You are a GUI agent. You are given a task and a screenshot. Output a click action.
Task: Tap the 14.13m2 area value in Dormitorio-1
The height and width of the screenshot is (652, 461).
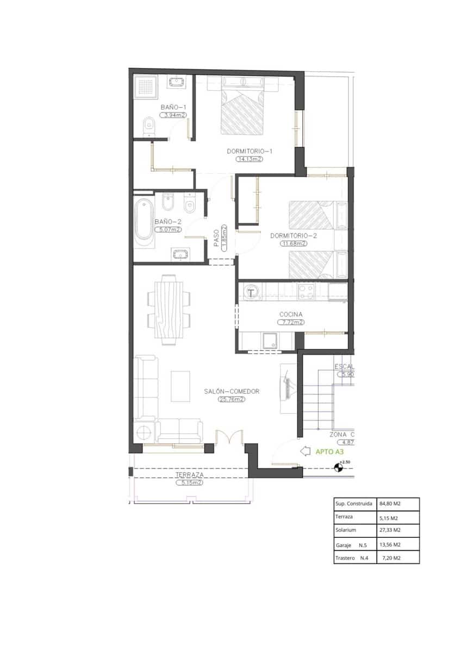click(249, 159)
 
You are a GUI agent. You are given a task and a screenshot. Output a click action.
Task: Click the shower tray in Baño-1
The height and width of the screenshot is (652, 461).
click(146, 86)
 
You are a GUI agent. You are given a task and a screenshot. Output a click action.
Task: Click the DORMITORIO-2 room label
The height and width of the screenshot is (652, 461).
click(294, 236)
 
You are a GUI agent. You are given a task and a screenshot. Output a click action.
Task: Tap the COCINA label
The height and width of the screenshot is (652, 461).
click(291, 314)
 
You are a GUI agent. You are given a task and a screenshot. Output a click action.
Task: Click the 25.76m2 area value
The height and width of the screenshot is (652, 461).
click(232, 399)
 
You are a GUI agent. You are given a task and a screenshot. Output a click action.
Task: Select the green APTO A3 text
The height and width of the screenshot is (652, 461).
click(330, 451)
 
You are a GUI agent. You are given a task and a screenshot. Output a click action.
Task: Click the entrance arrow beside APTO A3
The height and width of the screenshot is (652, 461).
click(305, 451)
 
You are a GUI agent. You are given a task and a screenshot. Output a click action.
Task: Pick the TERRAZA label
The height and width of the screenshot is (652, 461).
click(189, 474)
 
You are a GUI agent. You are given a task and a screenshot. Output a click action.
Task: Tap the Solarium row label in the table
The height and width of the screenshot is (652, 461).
click(346, 530)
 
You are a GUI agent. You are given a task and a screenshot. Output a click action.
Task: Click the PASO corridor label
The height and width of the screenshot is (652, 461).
click(216, 237)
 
